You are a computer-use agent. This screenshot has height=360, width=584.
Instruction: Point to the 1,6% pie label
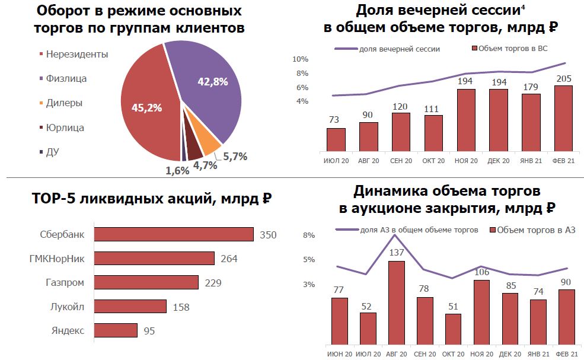tap(177, 171)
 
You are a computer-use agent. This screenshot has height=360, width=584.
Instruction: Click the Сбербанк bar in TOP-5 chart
tap(174, 234)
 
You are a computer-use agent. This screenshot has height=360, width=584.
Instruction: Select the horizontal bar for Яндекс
tap(116, 330)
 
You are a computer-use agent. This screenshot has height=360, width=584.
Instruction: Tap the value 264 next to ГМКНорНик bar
tap(229, 259)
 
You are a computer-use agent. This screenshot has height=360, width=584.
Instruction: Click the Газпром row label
tap(65, 282)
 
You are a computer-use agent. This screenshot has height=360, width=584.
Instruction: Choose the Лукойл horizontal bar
tap(130, 306)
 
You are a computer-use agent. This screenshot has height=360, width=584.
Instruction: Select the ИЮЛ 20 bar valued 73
tap(336, 139)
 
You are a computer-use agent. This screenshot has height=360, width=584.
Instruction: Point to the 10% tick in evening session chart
tap(300, 59)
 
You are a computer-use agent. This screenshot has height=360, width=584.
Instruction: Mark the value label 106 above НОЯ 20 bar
tap(482, 272)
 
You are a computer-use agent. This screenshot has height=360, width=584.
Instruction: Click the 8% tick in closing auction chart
tap(308, 235)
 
